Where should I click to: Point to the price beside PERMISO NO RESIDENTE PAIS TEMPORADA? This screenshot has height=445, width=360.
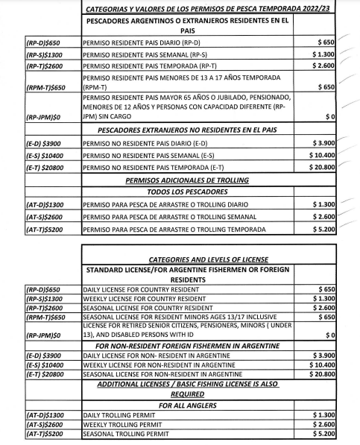coord(326,168)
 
